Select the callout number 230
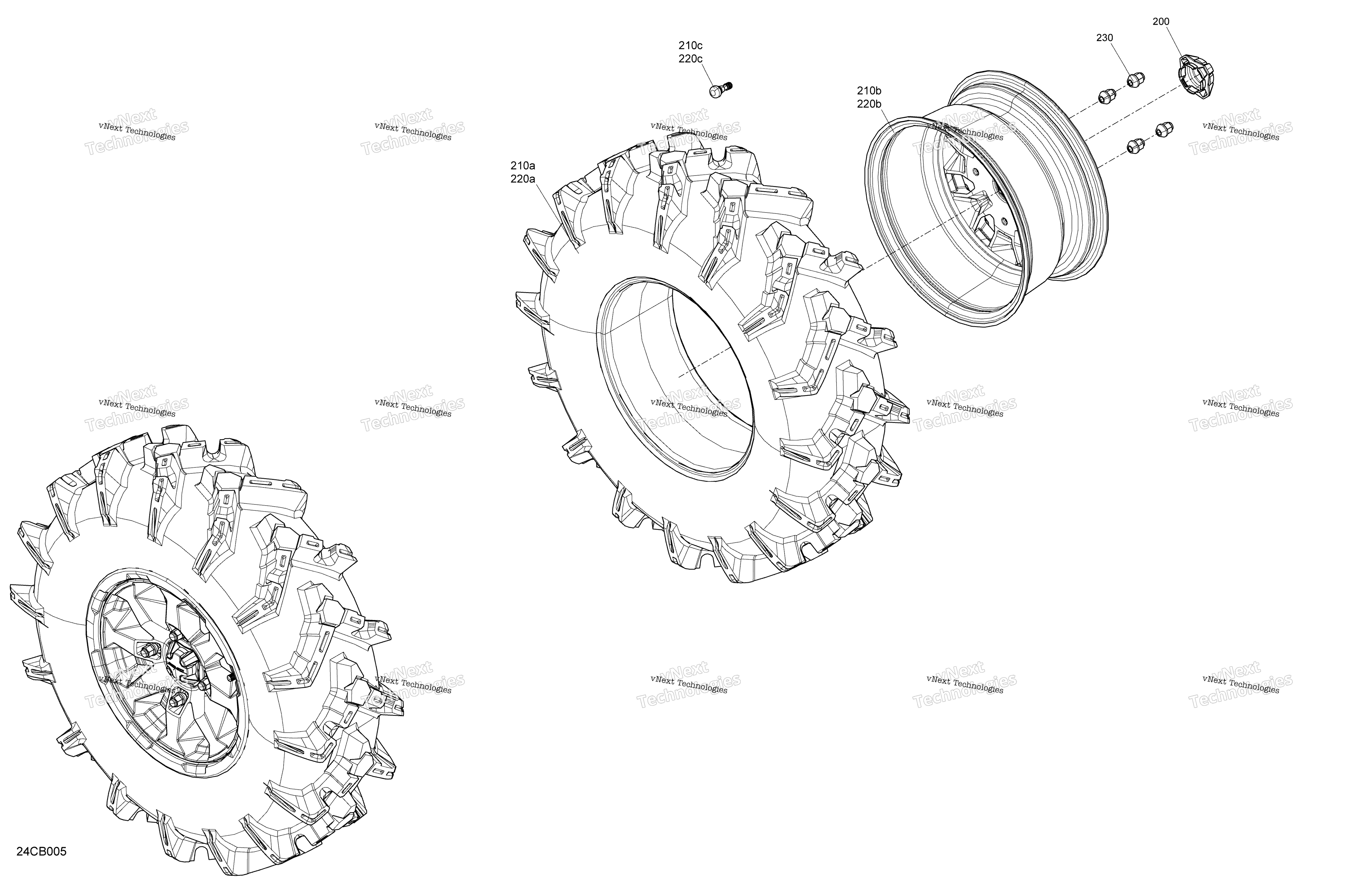[1104, 38]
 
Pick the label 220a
[523, 179]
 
